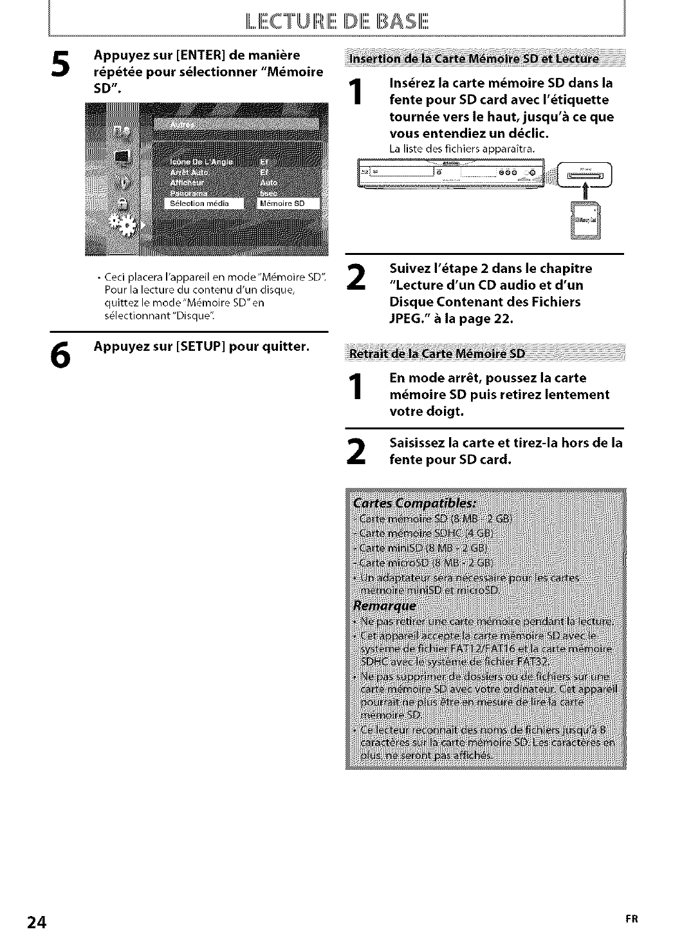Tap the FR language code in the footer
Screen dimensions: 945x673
pos(632,919)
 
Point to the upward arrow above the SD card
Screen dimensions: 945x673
pos(585,191)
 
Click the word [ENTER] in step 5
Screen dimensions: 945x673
pos(202,56)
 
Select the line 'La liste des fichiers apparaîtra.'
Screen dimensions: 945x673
pos(462,149)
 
